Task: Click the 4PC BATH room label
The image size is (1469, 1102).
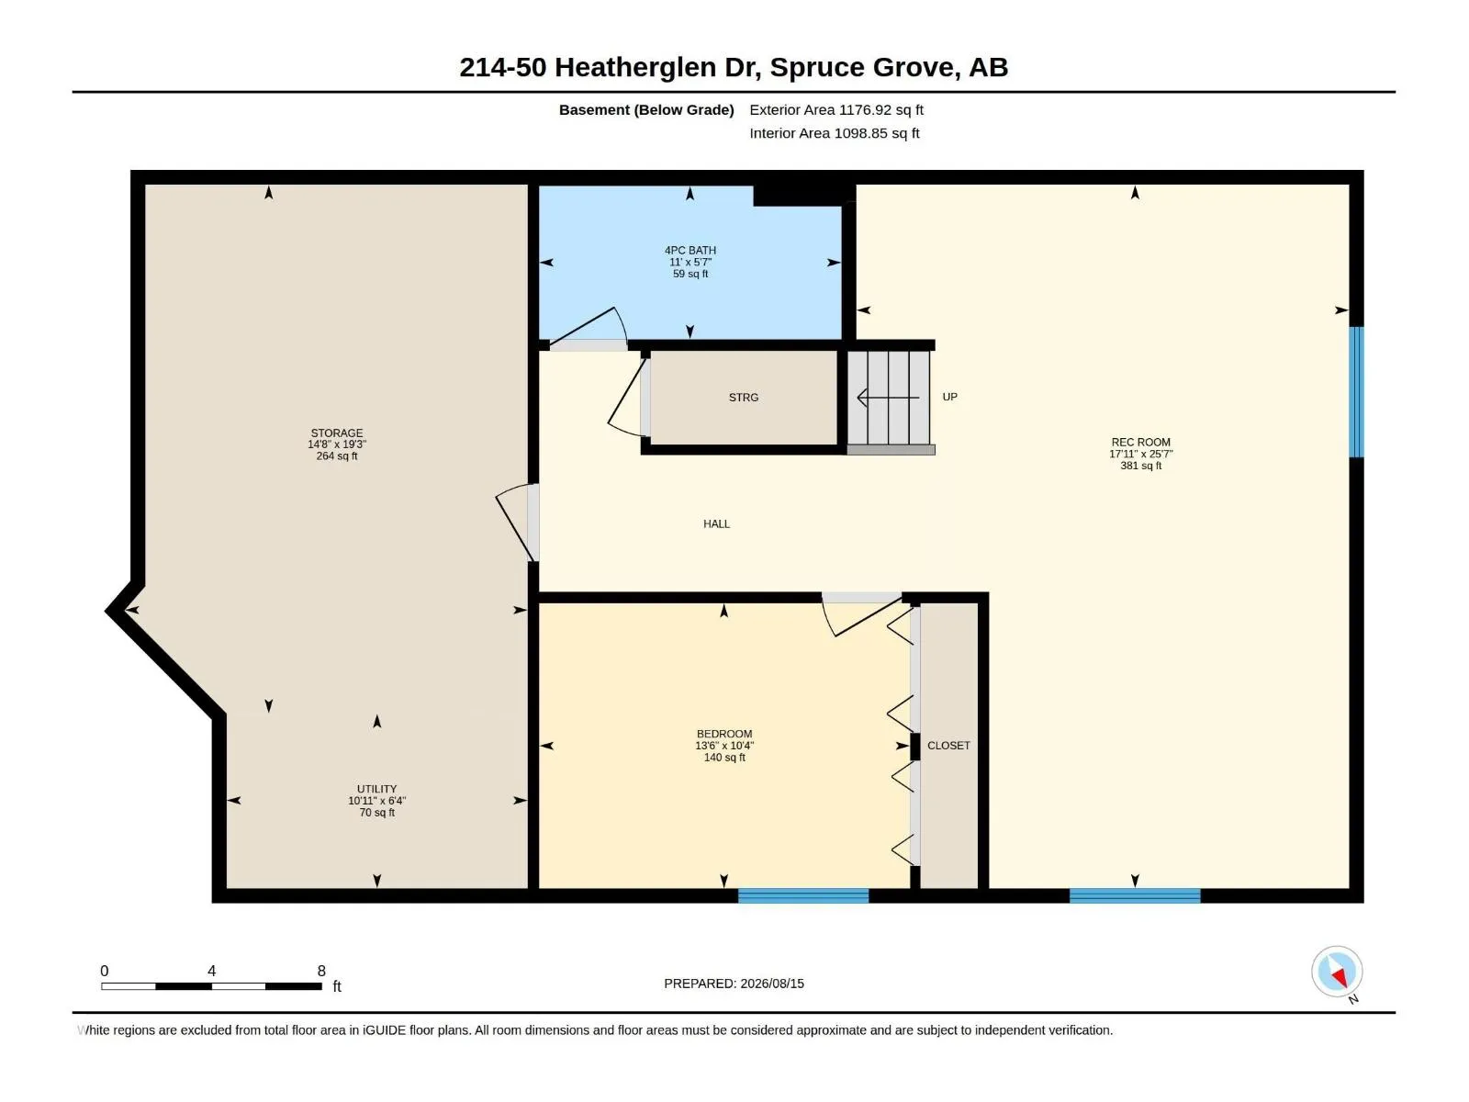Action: (690, 250)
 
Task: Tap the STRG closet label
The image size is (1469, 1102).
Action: (744, 398)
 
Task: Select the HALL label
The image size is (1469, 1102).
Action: (716, 523)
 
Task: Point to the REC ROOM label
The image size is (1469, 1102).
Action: (1140, 443)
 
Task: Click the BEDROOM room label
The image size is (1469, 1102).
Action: (724, 734)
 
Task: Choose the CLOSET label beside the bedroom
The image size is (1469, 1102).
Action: (948, 746)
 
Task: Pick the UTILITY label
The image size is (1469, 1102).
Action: (376, 789)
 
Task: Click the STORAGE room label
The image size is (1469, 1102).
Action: (337, 433)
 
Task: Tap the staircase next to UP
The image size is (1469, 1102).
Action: (890, 399)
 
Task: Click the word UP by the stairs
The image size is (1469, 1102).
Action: (949, 397)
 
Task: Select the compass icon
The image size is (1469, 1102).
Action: (1337, 972)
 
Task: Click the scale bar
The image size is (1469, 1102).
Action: (211, 986)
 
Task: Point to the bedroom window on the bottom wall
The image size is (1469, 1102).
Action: (803, 895)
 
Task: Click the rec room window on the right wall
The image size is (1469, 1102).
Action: (1356, 392)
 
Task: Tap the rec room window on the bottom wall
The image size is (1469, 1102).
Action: (1135, 895)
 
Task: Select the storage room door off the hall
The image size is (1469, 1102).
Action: (517, 523)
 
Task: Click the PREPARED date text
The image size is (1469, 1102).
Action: (734, 984)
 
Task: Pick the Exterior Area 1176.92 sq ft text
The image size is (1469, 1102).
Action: (835, 109)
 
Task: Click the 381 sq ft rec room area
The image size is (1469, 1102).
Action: (1140, 466)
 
